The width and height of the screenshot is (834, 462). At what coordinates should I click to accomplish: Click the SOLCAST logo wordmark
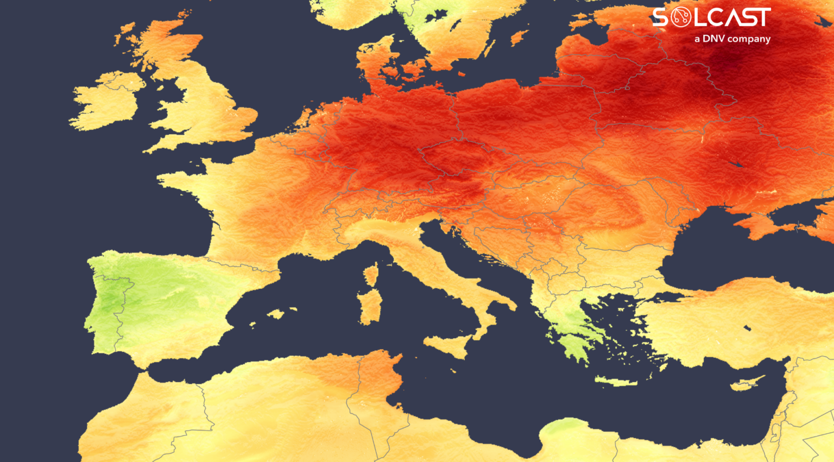(x=711, y=17)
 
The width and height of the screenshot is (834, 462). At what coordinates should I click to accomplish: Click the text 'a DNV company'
(x=732, y=39)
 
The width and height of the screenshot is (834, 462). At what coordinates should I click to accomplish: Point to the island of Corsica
(x=371, y=274)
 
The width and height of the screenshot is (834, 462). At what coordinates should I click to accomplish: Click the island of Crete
(x=616, y=381)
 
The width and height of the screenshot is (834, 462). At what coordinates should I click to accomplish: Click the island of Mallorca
(x=276, y=314)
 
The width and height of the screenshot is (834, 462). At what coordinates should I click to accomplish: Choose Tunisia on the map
(x=380, y=380)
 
